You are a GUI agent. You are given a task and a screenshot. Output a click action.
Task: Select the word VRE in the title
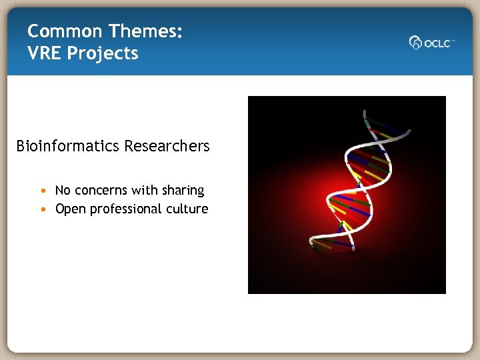(x=43, y=53)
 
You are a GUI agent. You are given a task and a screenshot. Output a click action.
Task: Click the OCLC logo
(x=432, y=43)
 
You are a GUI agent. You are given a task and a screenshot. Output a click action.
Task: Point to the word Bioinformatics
(x=63, y=146)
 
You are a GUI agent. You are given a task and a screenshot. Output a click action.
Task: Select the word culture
(x=187, y=209)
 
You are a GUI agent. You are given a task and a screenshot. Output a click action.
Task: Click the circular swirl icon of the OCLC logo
(x=415, y=43)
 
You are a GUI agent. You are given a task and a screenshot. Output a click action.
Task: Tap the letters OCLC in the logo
(x=438, y=43)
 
